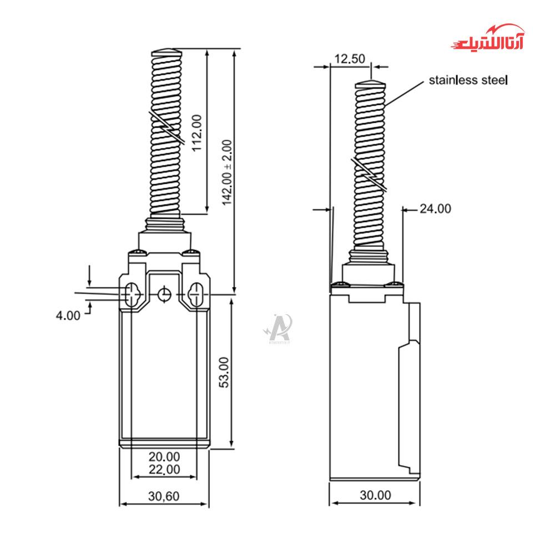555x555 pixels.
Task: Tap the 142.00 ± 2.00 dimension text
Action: click(228, 173)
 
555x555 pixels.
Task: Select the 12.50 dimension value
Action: click(350, 59)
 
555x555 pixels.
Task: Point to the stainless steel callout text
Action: click(468, 80)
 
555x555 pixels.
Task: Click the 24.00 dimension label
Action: click(435, 209)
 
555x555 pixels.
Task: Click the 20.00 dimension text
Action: click(164, 457)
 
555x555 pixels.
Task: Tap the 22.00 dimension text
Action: click(164, 469)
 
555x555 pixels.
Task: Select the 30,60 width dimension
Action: click(164, 496)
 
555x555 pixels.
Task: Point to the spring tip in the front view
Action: click(165, 52)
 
